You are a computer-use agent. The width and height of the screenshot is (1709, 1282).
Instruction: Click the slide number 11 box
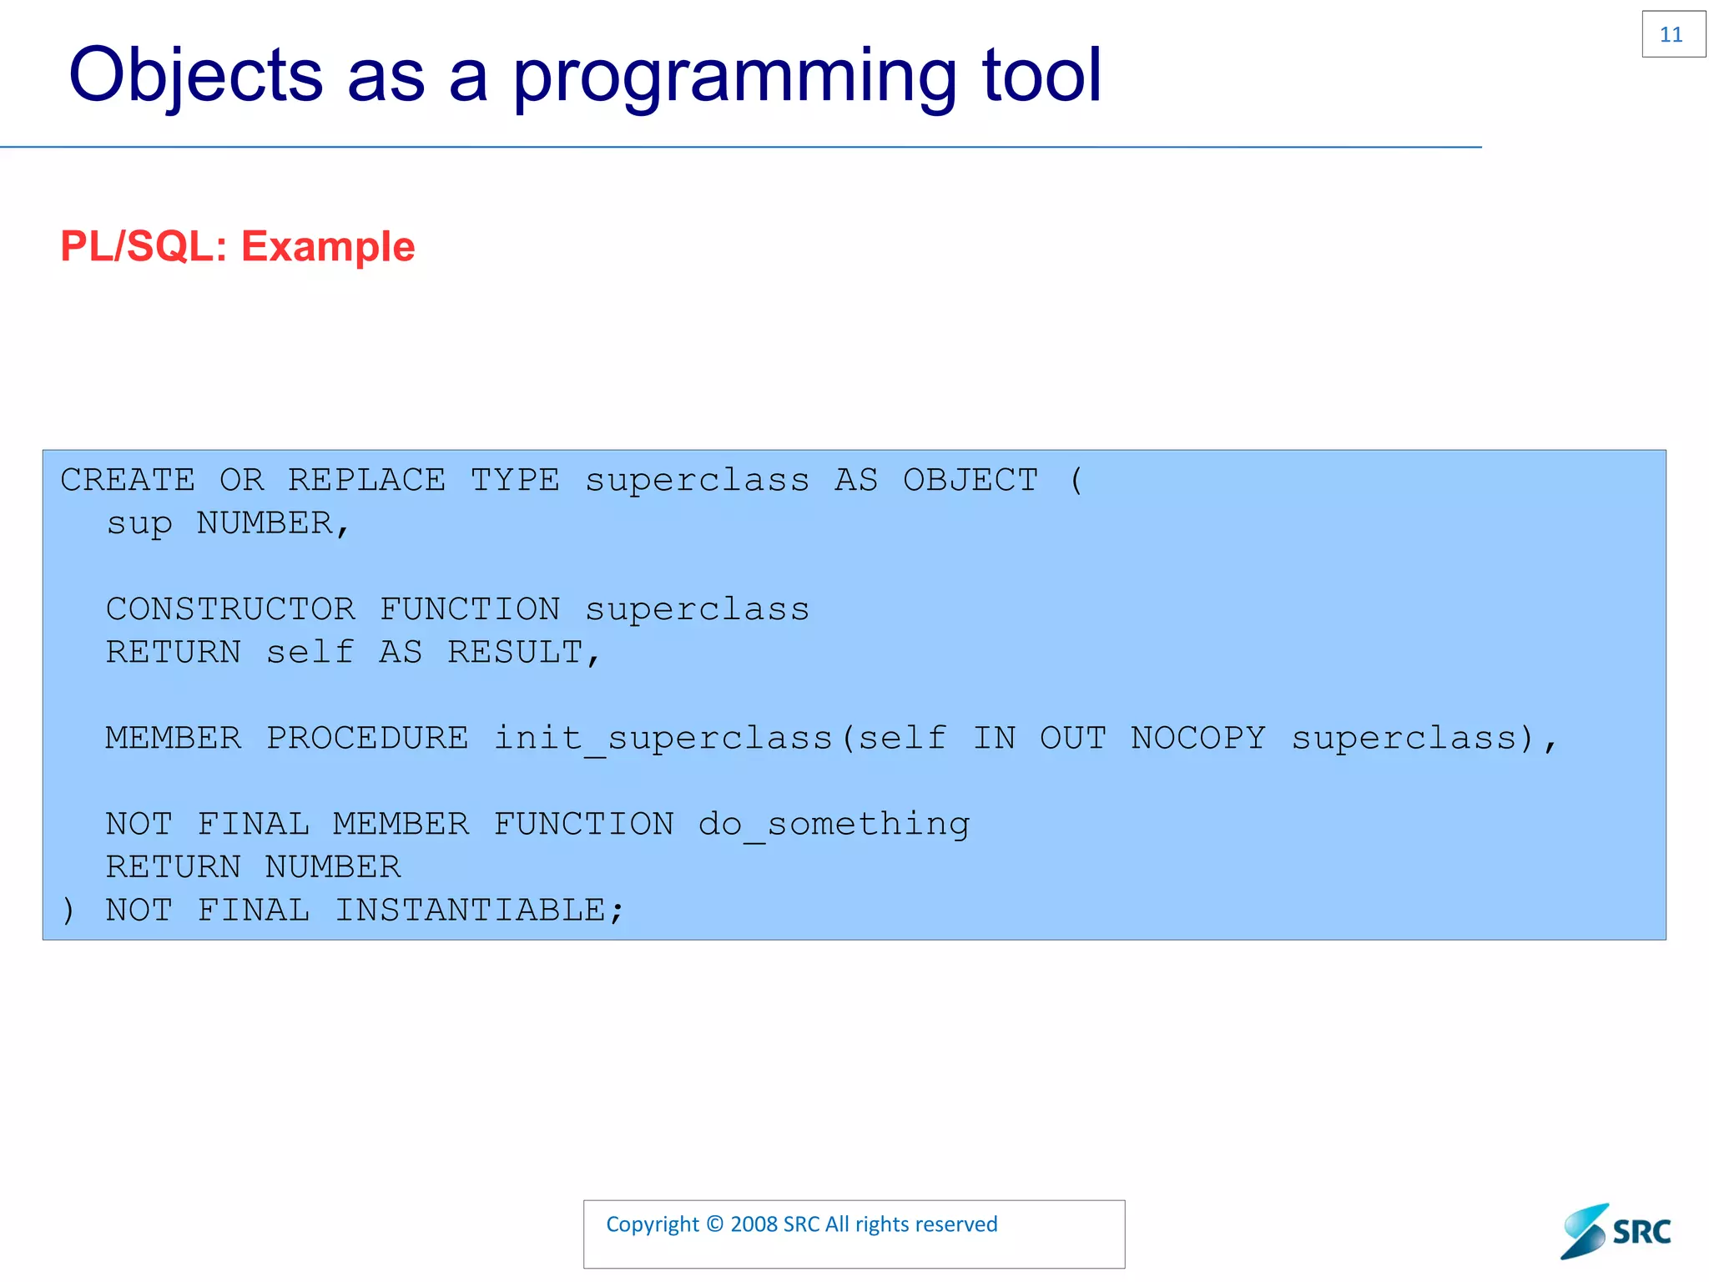coord(1672,34)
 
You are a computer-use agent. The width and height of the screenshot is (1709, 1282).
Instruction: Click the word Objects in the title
coord(195,76)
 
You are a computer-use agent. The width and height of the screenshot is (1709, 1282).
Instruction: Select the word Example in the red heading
coord(328,247)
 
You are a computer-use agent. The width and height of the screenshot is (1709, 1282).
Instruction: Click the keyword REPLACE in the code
coord(366,481)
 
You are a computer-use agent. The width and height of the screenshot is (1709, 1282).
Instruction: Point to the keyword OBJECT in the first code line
coord(970,481)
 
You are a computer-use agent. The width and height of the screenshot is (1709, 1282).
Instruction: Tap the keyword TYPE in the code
coord(515,481)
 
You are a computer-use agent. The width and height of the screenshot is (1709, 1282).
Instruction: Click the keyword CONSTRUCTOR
coord(230,609)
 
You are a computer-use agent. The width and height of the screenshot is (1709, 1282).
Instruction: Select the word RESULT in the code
coord(515,653)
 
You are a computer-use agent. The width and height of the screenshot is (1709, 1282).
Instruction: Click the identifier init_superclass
coord(663,739)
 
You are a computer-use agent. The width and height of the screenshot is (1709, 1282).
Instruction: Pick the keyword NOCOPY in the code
coord(1197,739)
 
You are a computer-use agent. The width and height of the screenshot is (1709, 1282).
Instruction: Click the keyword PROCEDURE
coord(367,739)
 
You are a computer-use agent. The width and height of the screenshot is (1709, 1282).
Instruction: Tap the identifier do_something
coord(834,825)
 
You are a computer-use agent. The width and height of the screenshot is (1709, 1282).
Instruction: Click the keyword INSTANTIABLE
coord(470,911)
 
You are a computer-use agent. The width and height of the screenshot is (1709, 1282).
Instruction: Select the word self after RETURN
coord(310,653)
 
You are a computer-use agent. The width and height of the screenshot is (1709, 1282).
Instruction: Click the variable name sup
coord(139,524)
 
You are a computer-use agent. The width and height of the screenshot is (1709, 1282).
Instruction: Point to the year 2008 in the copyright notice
coord(754,1224)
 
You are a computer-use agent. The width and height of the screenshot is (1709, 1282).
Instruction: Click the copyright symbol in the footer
coord(714,1224)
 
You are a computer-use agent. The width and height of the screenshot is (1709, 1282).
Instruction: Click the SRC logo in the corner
coord(1616,1231)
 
